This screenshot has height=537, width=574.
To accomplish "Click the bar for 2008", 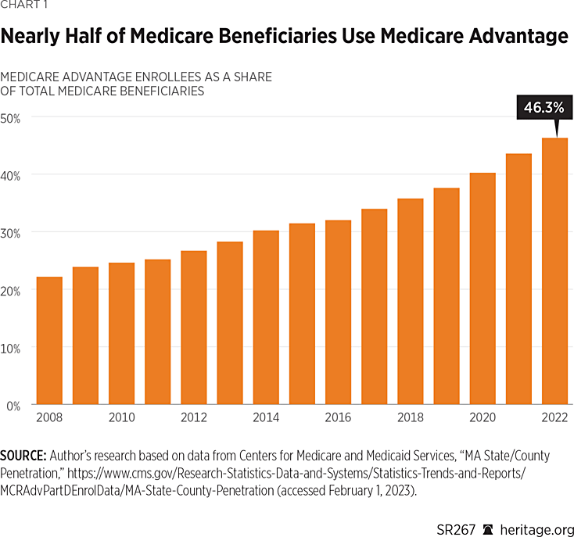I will pyautogui.click(x=49, y=341).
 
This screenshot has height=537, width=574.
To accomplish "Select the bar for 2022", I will pyautogui.click(x=554, y=271).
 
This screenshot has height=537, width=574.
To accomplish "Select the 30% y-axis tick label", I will pyautogui.click(x=13, y=232).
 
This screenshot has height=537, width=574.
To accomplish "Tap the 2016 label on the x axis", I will pyautogui.click(x=338, y=418).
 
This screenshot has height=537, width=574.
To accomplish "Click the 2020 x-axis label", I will pyautogui.click(x=483, y=418).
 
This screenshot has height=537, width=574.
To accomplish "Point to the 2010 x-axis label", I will pyautogui.click(x=121, y=418).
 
